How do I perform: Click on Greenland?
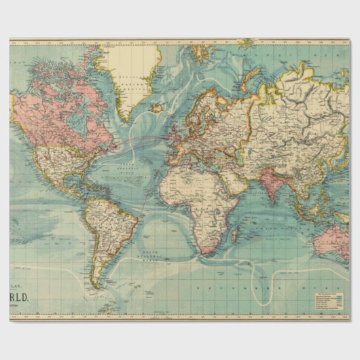click(132, 75)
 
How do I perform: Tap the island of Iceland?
click(158, 107)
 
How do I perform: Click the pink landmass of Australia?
click(336, 238)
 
